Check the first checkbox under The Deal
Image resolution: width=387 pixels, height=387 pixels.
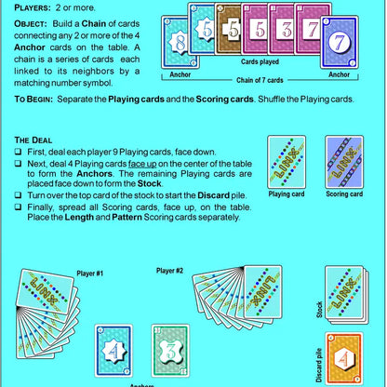tap(20, 152)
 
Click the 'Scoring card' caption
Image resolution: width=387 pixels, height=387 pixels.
tap(344, 195)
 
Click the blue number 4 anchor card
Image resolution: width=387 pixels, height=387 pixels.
tap(113, 354)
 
